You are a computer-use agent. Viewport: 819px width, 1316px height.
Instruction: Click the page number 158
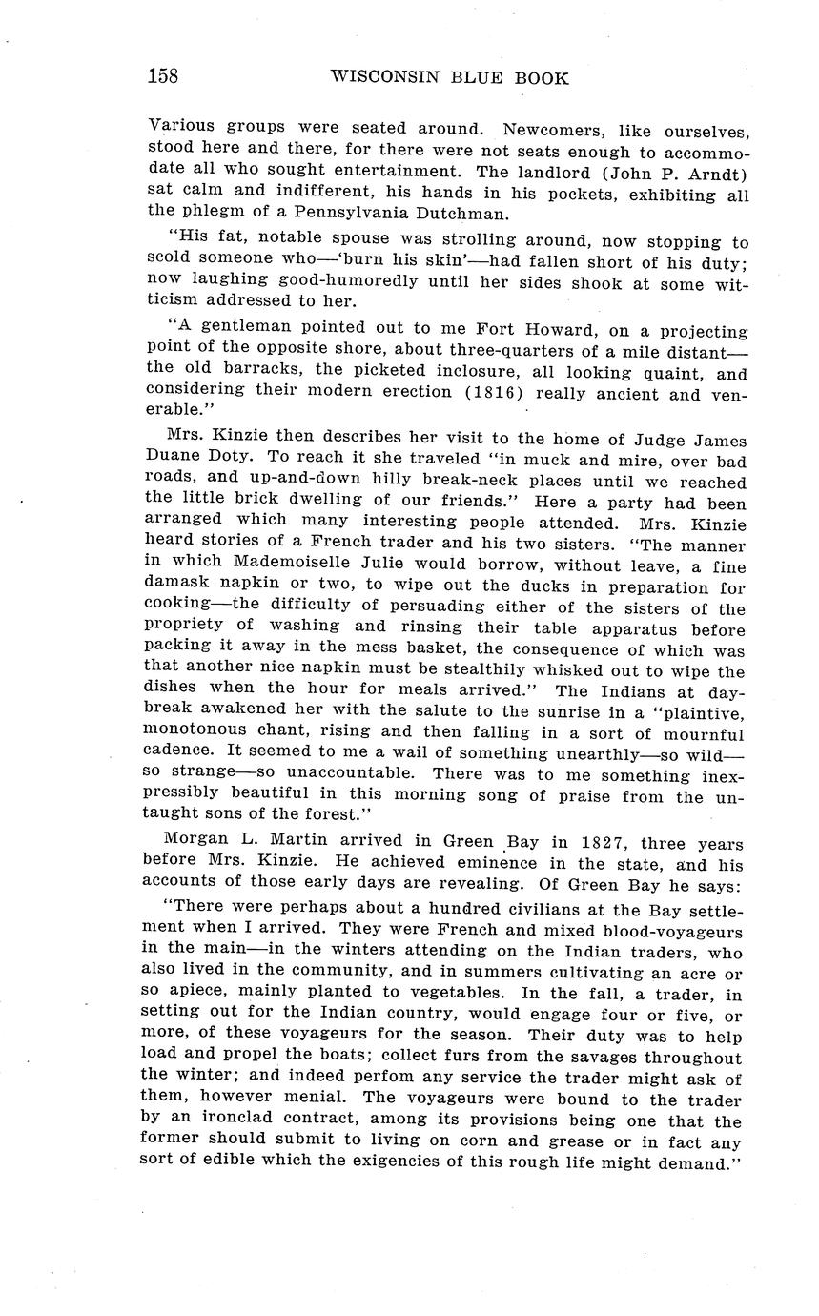pyautogui.click(x=163, y=77)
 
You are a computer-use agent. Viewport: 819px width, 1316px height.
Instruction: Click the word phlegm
pyautogui.click(x=207, y=214)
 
